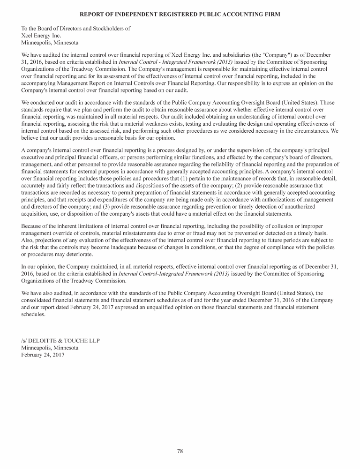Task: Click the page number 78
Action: pyautogui.click(x=180, y=451)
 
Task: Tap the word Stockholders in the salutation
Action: pyautogui.click(x=107, y=28)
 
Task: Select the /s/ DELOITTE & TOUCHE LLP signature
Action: pyautogui.click(x=60, y=340)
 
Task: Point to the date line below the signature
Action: pyautogui.click(x=43, y=355)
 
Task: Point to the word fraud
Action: pyautogui.click(x=200, y=234)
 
